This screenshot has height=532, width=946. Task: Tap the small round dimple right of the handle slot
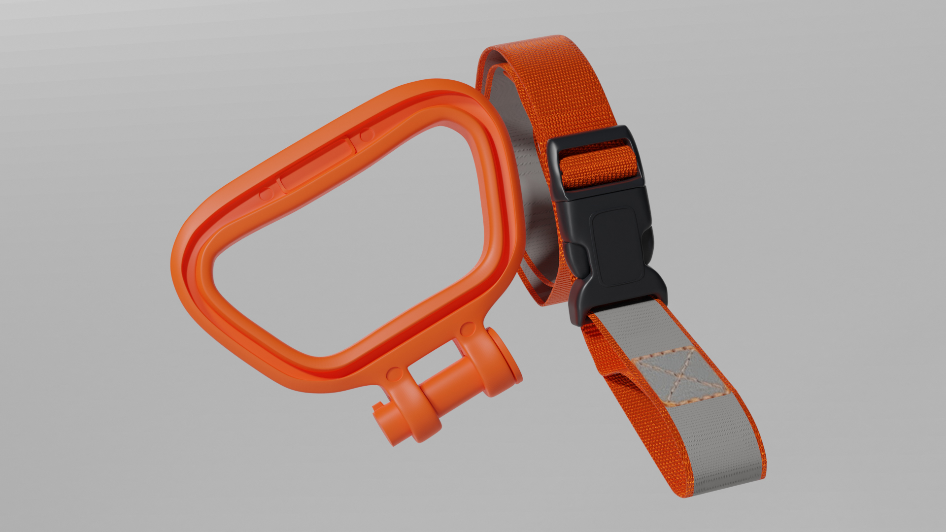click(x=366, y=135)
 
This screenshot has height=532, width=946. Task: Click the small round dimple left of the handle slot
click(x=266, y=193)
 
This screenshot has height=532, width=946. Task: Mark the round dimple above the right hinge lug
click(x=468, y=329)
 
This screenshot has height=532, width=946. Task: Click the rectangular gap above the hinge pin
click(x=434, y=362)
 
